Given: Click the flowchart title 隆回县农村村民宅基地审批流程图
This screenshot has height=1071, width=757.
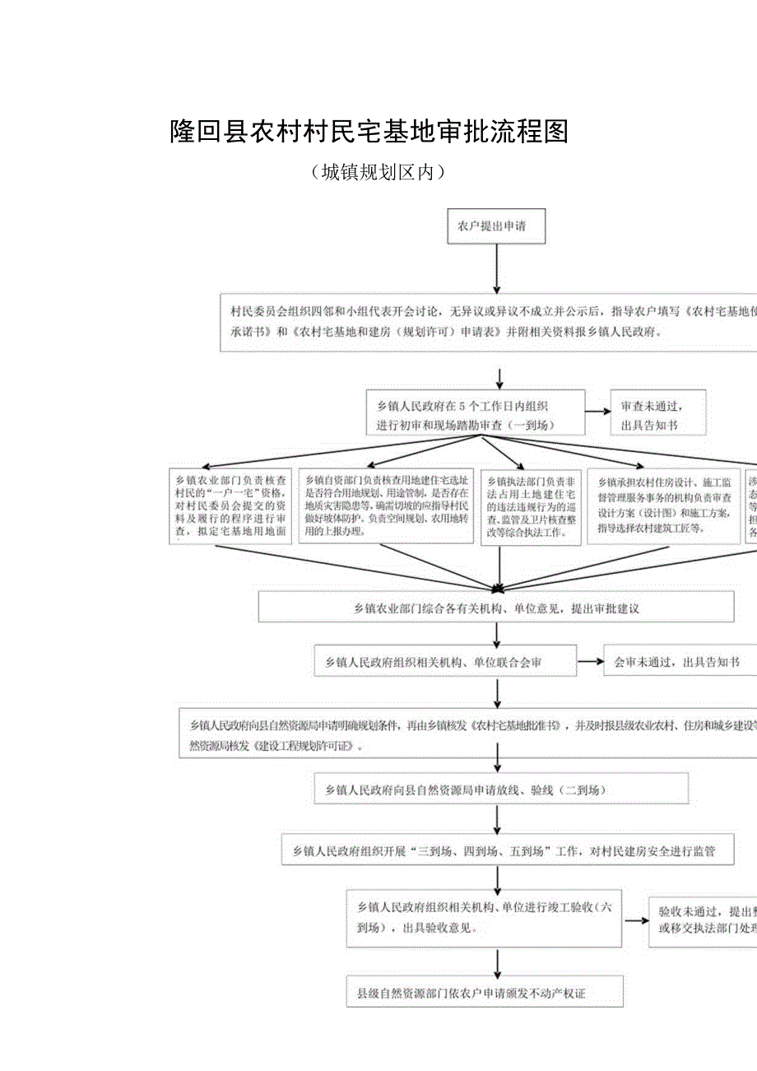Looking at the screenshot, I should (369, 132).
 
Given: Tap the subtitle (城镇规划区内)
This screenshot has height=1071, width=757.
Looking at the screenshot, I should (378, 172).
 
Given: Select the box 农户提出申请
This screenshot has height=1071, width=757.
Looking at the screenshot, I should (496, 226).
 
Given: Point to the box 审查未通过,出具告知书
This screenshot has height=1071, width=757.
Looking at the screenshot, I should (657, 414).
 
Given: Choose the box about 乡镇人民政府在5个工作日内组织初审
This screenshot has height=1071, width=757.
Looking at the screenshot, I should (476, 414).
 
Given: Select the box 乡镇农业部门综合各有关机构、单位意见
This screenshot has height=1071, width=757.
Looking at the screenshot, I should (496, 608).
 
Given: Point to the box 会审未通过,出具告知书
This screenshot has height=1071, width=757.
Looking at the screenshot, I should (680, 661).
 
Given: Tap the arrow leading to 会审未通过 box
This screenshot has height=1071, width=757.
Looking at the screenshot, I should (589, 661).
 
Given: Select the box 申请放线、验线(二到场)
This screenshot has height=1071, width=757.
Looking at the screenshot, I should (501, 789).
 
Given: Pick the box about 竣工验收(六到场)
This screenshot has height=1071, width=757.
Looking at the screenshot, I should (484, 917).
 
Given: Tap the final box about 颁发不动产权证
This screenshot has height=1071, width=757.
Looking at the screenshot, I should (484, 993).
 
